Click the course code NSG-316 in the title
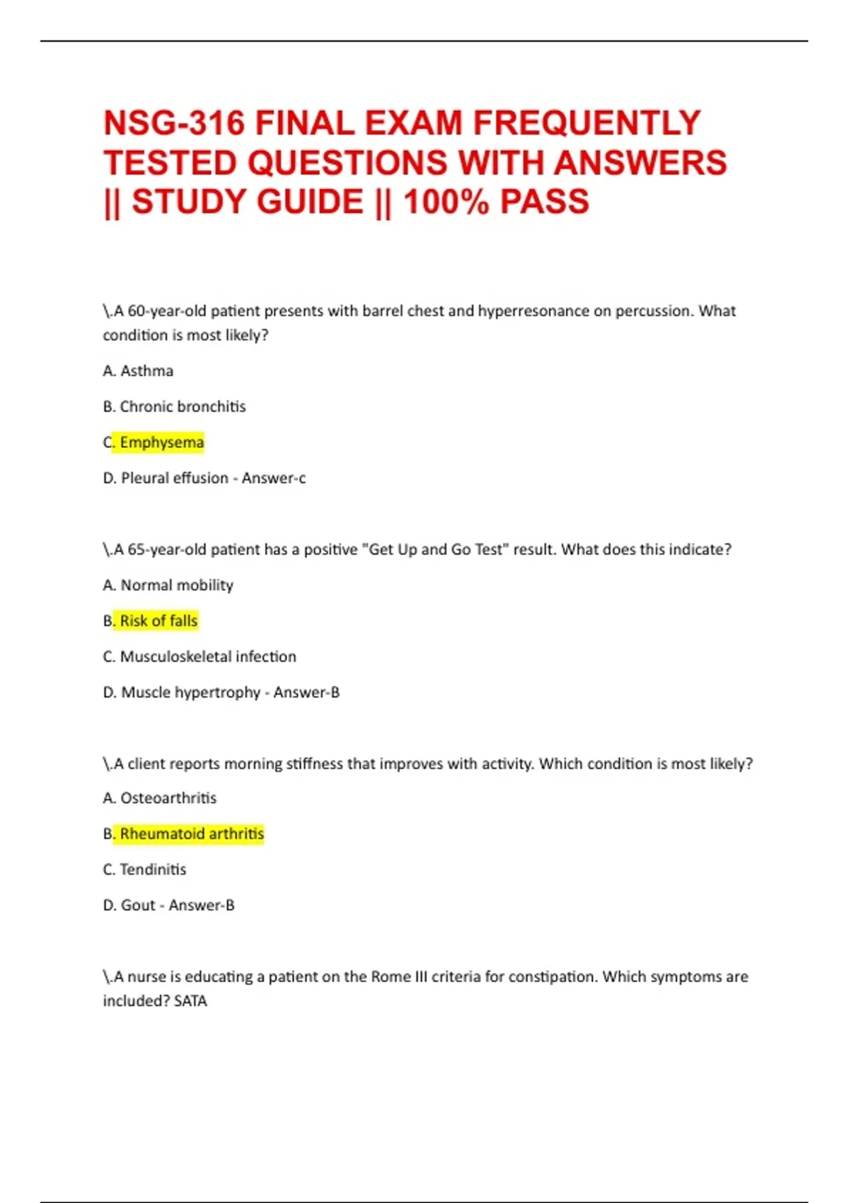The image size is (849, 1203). [173, 123]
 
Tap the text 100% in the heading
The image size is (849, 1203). [446, 202]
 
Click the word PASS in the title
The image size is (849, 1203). [545, 202]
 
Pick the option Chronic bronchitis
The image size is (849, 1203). [183, 407]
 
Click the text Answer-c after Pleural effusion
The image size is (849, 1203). [274, 478]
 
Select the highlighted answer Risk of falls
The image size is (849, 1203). [158, 621]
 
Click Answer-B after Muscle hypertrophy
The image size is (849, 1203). [306, 692]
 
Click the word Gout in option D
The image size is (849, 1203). [138, 905]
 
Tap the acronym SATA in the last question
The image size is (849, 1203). [190, 1001]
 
